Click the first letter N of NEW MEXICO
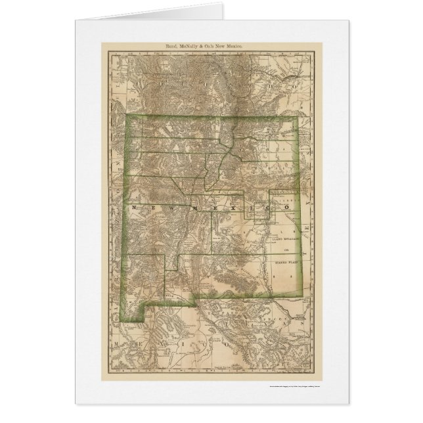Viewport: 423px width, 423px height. pos(136,207)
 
